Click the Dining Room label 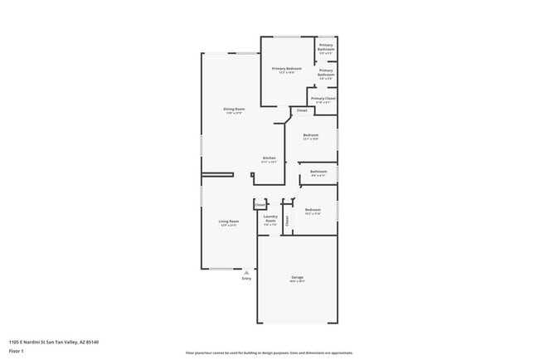point(234,110)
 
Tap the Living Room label point(229,222)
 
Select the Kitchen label point(269,159)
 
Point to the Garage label point(298,278)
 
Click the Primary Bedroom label point(288,70)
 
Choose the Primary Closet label point(323,100)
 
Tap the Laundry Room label point(270,221)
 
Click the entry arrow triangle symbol point(246,271)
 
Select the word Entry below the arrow point(246,279)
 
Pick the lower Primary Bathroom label point(326,74)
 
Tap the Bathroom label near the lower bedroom point(318,173)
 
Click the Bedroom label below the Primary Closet point(311,136)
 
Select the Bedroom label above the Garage point(312,212)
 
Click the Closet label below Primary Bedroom point(302,110)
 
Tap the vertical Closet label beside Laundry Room point(288,221)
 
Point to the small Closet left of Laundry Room point(260,204)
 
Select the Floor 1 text point(17,351)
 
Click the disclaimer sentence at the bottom point(269,353)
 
